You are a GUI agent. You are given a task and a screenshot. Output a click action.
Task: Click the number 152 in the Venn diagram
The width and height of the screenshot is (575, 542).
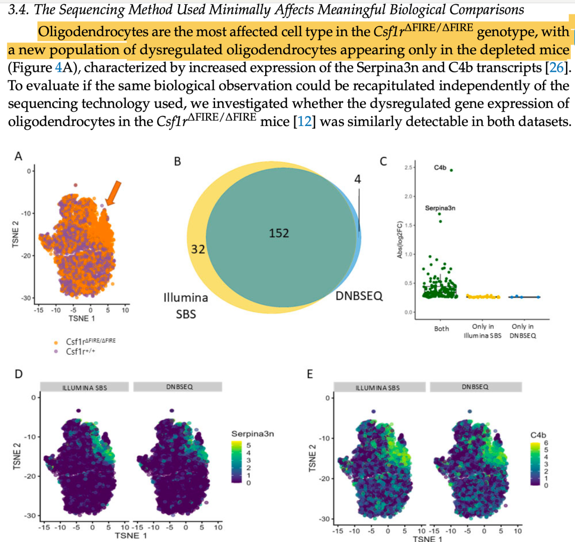[279, 232]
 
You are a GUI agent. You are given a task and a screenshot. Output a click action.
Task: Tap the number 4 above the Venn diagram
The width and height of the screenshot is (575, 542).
[357, 179]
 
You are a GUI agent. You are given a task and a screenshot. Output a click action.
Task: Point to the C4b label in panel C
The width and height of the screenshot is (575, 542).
[440, 168]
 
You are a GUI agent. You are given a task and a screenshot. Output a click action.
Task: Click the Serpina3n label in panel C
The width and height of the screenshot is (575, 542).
[440, 208]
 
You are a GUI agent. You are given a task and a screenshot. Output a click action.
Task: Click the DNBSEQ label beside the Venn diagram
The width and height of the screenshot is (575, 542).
[359, 296]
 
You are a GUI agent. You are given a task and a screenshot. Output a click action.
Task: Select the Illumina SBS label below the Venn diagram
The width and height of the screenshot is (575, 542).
[186, 306]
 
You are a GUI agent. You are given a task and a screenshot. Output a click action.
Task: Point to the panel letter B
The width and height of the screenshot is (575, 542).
[177, 161]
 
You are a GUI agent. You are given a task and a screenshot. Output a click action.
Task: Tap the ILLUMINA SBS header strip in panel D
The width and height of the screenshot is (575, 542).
[85, 387]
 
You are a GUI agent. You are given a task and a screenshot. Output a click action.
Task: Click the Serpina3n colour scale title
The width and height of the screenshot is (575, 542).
[252, 434]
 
